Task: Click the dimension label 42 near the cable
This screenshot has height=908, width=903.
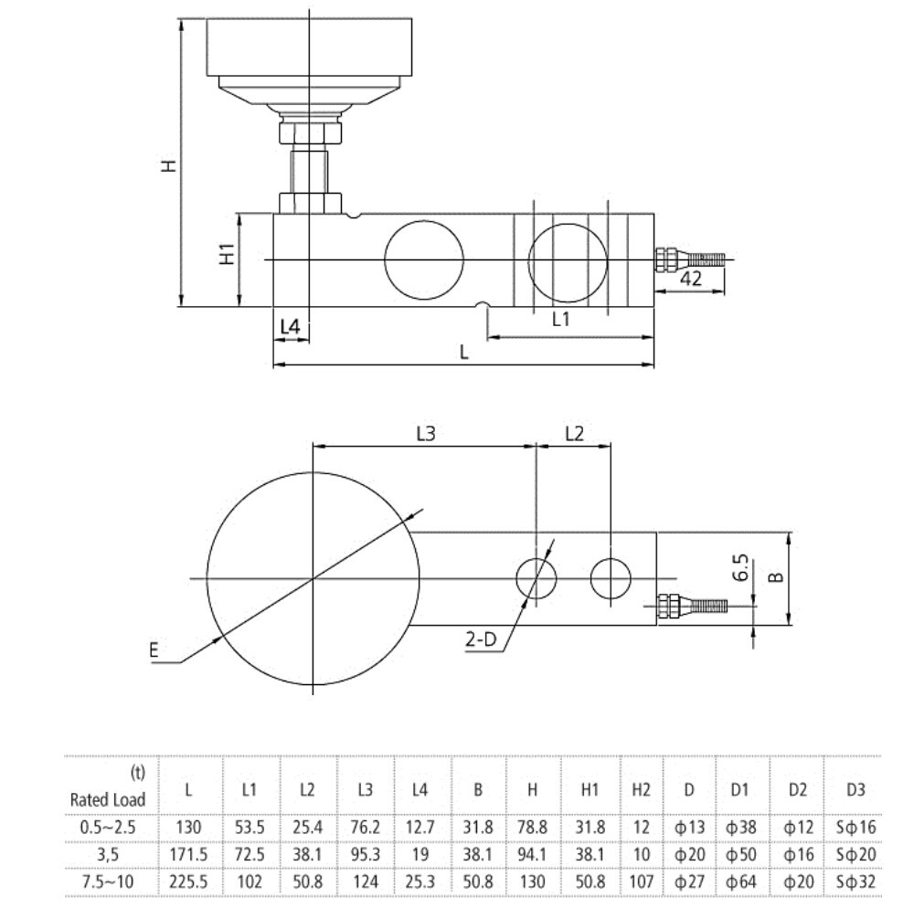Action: click(691, 280)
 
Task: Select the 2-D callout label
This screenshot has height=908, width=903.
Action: click(480, 639)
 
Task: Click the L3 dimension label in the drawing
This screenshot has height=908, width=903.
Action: click(424, 435)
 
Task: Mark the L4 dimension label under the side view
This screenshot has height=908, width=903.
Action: click(291, 326)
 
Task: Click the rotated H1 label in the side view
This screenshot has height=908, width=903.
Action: click(228, 254)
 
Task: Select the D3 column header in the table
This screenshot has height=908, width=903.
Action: click(855, 790)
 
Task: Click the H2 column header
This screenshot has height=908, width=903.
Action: click(641, 790)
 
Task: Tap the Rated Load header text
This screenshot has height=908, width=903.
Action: click(108, 799)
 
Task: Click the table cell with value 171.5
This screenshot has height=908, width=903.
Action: click(188, 854)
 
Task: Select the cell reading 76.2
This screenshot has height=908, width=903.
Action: click(366, 827)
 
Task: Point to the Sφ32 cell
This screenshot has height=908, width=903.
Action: click(855, 882)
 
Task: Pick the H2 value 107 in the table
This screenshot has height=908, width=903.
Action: click(641, 882)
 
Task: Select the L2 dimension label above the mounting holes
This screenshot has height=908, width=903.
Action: click(573, 435)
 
